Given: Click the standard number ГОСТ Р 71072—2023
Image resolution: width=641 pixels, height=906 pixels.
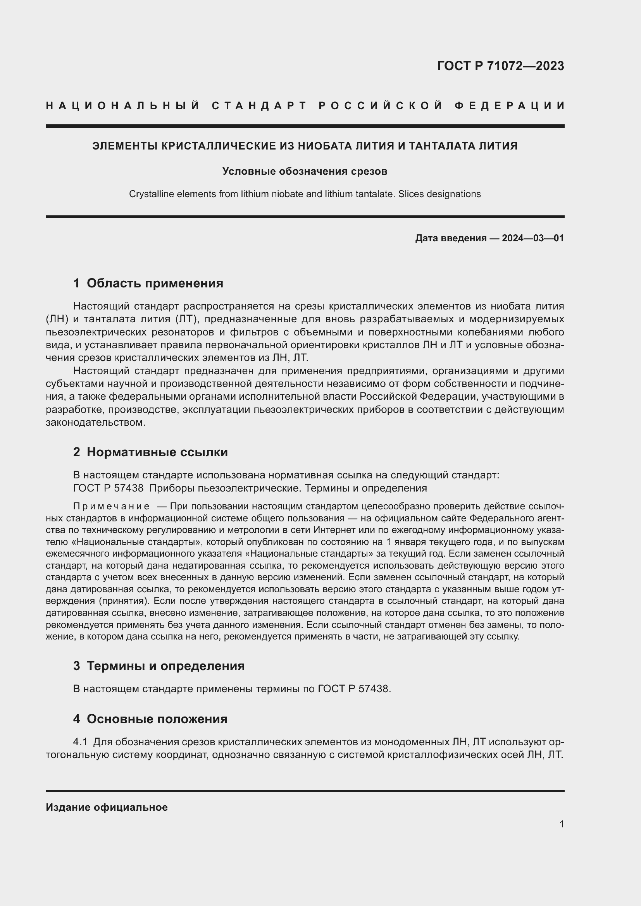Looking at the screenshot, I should tap(500, 66).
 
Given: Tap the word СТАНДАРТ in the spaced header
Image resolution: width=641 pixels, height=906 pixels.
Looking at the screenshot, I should tap(259, 106).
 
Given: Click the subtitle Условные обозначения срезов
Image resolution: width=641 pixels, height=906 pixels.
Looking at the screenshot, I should tap(305, 171).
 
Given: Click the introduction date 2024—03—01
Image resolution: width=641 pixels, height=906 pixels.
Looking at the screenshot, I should tap(533, 238).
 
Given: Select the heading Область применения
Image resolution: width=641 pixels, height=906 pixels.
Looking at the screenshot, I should tap(155, 283).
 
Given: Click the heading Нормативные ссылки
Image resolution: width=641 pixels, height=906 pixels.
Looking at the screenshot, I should tap(157, 452).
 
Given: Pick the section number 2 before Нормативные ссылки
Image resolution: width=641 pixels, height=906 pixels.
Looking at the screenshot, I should tap(77, 452).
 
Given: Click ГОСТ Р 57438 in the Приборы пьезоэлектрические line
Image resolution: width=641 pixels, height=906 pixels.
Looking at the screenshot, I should tap(108, 488).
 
